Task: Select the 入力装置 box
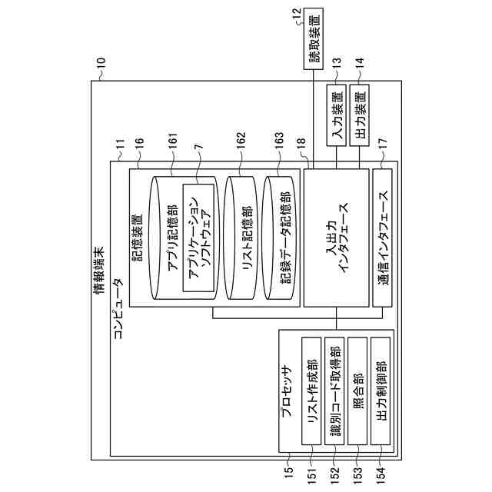tap(336, 116)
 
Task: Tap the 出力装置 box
tap(359, 116)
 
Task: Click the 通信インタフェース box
tap(382, 238)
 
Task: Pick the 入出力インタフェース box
tap(336, 238)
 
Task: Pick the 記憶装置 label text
tap(138, 238)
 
